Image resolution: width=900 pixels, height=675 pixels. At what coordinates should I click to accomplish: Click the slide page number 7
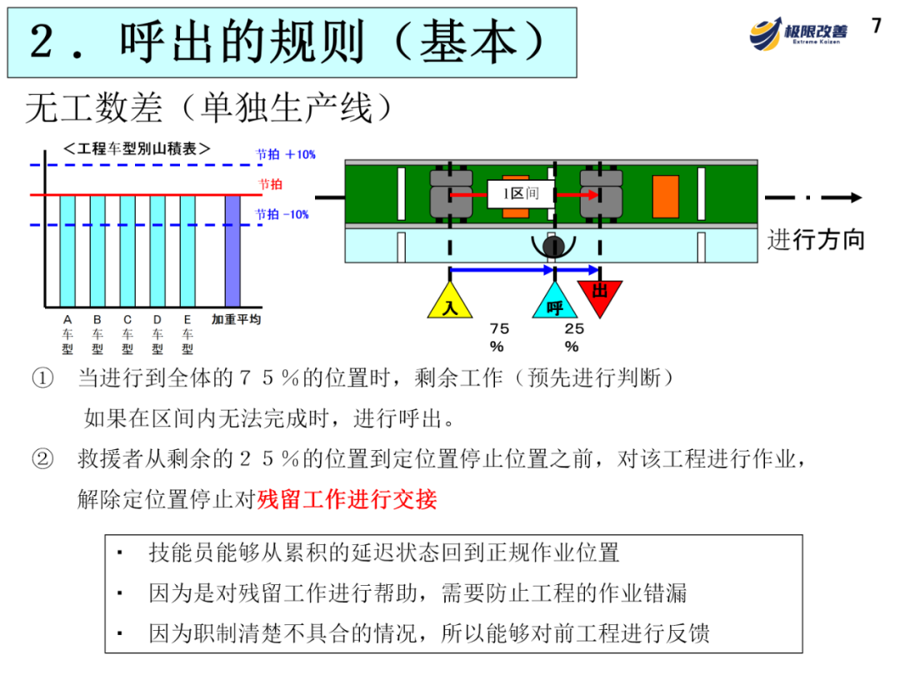point(876,26)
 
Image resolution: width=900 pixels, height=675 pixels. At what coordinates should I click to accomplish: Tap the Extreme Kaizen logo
point(797,32)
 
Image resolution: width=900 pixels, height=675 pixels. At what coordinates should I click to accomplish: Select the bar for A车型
point(67,250)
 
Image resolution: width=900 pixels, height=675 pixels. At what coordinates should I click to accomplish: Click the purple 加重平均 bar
point(232,250)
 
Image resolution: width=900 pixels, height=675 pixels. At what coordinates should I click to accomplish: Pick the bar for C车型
point(127,250)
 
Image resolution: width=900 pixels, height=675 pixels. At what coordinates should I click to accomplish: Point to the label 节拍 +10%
point(285,154)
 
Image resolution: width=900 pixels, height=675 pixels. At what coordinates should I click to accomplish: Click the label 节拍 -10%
point(282,214)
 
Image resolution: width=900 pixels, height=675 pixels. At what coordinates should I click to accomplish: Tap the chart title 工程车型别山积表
point(137,149)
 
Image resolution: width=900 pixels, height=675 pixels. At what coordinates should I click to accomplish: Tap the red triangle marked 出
point(600,292)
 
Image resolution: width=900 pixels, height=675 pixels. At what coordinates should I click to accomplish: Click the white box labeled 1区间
point(520,194)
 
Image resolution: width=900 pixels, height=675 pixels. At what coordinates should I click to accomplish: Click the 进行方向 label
point(816,240)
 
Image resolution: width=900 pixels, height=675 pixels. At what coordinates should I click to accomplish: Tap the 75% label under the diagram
point(499,337)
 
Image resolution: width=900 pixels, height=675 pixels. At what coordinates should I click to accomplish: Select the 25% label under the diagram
point(573,337)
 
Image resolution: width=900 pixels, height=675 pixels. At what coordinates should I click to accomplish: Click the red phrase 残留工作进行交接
point(347,499)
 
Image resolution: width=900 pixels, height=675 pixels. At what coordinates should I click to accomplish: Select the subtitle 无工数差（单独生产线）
point(208,108)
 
